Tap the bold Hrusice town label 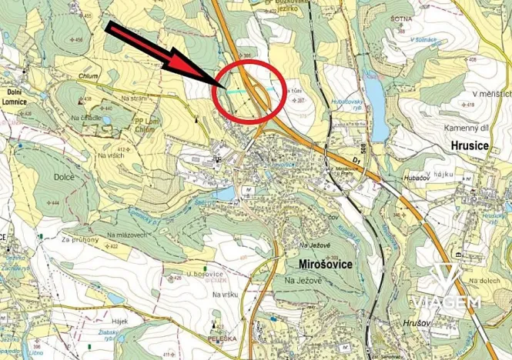pos(467,144)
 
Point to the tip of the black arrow pos(224,87)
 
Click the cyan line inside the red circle pos(240,90)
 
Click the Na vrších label pos(110,156)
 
